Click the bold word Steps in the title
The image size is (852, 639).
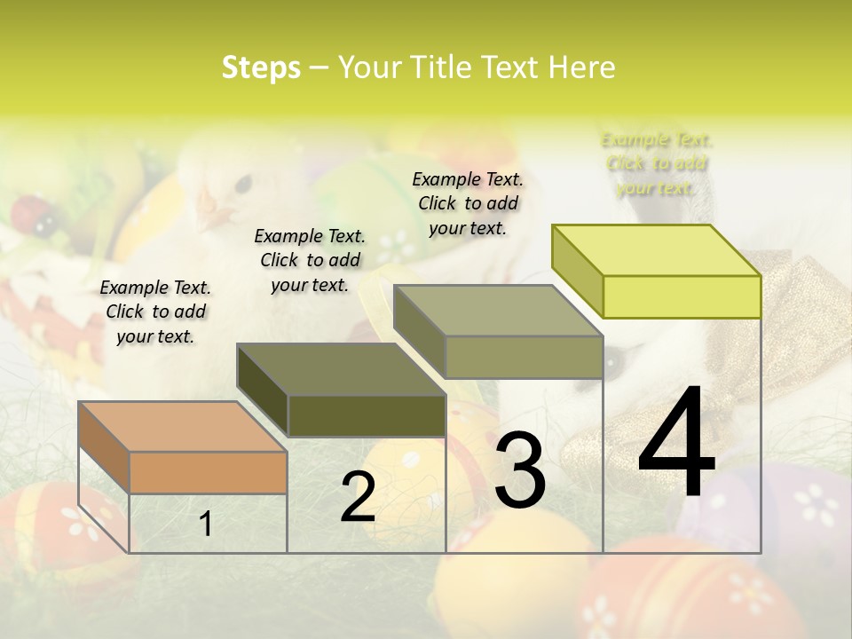click(x=261, y=68)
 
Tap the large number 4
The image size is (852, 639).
click(x=676, y=444)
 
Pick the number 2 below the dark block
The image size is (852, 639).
click(x=358, y=498)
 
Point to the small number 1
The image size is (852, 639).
click(x=206, y=524)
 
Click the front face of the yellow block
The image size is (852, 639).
click(x=682, y=296)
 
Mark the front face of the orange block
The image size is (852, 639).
click(x=208, y=472)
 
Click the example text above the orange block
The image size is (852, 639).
click(x=155, y=312)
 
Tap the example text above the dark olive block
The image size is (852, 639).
click(x=310, y=260)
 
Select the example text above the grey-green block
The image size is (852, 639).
click(x=468, y=203)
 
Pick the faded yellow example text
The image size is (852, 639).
click(x=657, y=163)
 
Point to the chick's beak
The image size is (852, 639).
click(x=214, y=216)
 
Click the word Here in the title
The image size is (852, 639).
click(x=581, y=68)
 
